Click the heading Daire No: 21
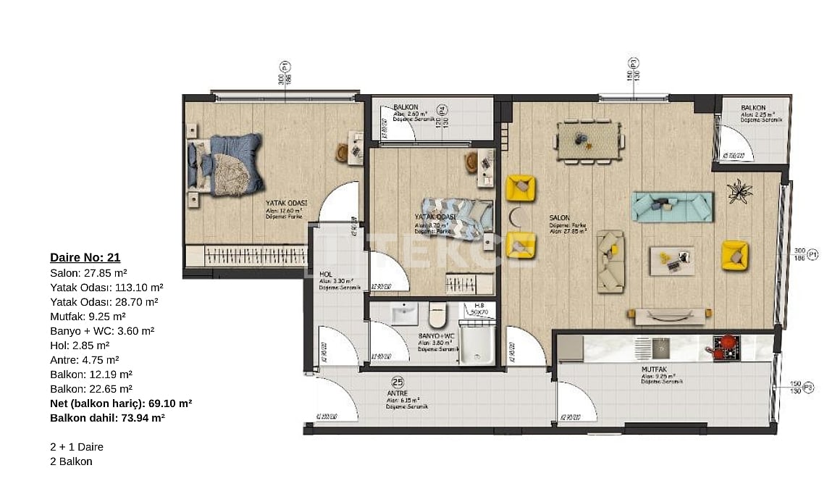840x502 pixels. pyautogui.click(x=85, y=257)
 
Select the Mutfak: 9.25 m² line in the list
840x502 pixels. pyautogui.click(x=88, y=316)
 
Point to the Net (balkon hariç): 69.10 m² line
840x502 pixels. pyautogui.click(x=120, y=403)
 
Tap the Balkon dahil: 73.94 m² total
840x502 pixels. pyautogui.click(x=107, y=418)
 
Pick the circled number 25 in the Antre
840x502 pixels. pyautogui.click(x=397, y=382)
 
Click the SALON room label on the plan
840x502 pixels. pyautogui.click(x=559, y=217)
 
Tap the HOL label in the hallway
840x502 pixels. pyautogui.click(x=326, y=274)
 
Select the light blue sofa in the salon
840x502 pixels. pyautogui.click(x=672, y=206)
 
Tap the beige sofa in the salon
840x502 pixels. pyautogui.click(x=610, y=261)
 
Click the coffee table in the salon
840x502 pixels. pyautogui.click(x=671, y=259)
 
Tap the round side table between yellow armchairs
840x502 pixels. pyautogui.click(x=516, y=217)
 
